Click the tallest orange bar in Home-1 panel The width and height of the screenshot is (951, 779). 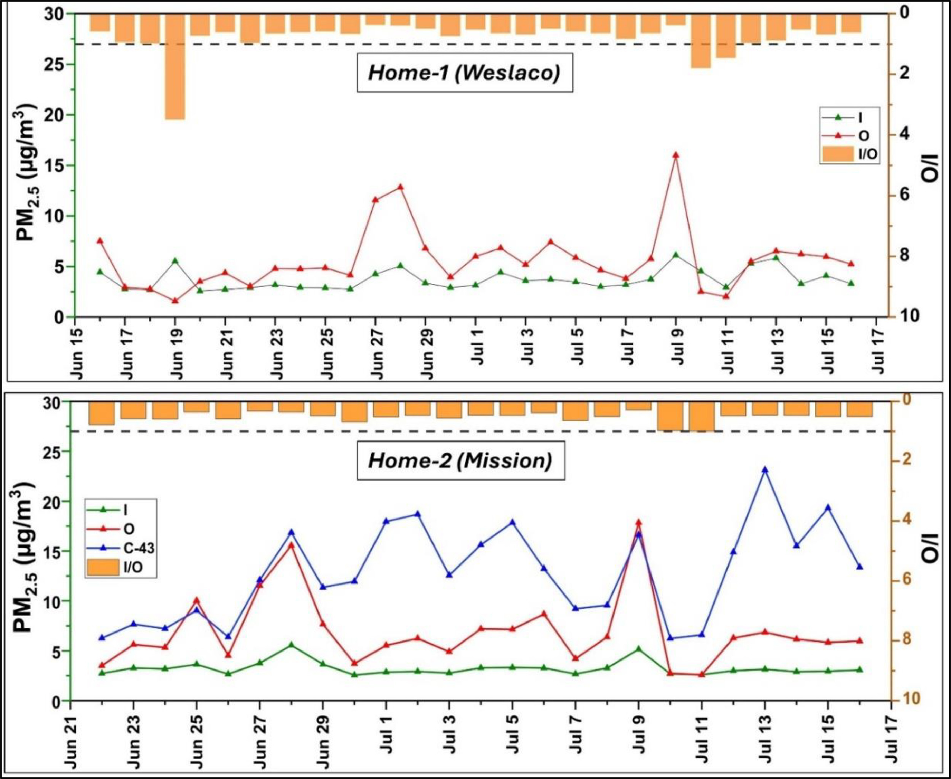(x=175, y=67)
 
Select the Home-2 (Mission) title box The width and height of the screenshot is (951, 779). (x=460, y=461)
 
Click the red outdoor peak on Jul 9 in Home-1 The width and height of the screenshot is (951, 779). (x=676, y=155)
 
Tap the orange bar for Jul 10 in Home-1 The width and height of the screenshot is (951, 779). (x=701, y=41)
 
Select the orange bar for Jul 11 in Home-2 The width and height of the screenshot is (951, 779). (x=702, y=416)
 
